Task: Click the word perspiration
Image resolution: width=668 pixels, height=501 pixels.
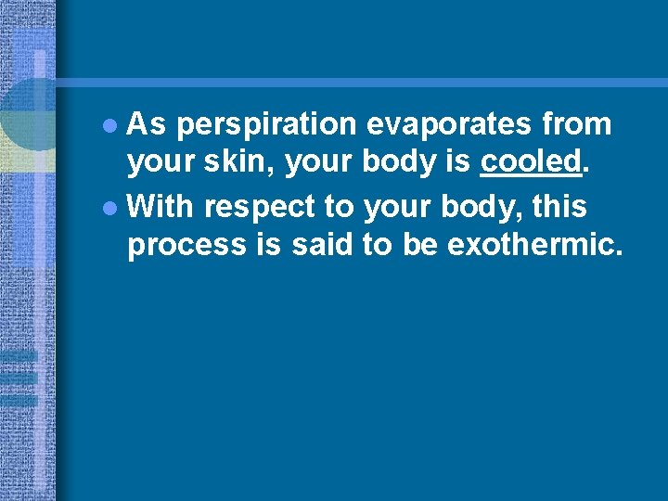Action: (267, 124)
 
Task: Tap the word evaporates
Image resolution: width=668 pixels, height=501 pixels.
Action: (436, 124)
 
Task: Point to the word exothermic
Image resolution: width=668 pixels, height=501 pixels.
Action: (534, 247)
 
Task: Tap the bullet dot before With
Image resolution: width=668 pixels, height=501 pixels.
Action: (112, 206)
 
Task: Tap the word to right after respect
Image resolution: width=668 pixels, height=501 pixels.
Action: (340, 206)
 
